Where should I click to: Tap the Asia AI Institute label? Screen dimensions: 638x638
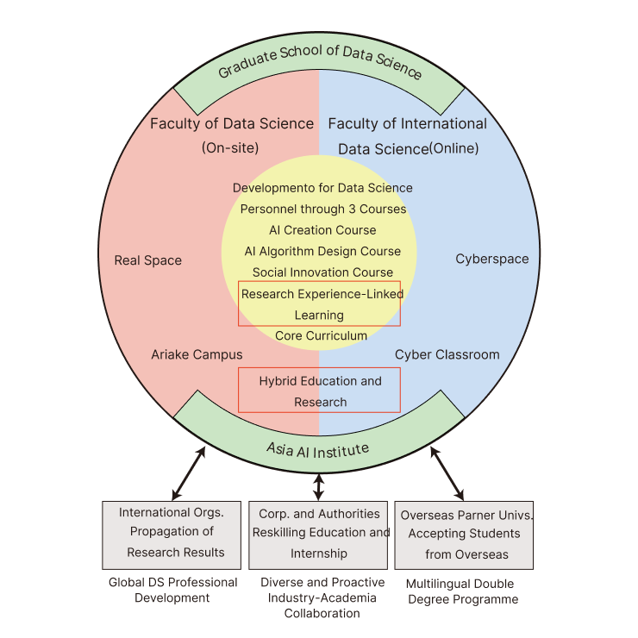pos(319,449)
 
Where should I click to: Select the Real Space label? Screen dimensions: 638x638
pos(147,260)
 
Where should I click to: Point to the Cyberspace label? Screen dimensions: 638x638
pos(492,259)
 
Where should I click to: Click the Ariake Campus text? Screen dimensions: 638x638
pos(197,354)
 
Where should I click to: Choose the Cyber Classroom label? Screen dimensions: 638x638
pos(447,354)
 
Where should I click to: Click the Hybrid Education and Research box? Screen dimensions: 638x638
pos(320,391)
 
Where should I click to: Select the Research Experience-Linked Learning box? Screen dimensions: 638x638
pos(319,303)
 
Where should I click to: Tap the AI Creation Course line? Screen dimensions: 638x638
pos(322,230)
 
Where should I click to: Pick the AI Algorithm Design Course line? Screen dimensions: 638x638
pos(322,251)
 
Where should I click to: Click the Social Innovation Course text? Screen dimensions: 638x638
pos(322,272)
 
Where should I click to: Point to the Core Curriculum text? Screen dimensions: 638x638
pos(321,335)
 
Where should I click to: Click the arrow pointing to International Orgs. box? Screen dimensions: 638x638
pos(189,473)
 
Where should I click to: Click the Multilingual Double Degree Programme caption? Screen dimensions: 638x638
pos(462,591)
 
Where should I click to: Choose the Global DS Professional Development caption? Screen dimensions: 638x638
pos(172,590)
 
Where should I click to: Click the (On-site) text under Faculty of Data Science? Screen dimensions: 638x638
pos(230,147)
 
